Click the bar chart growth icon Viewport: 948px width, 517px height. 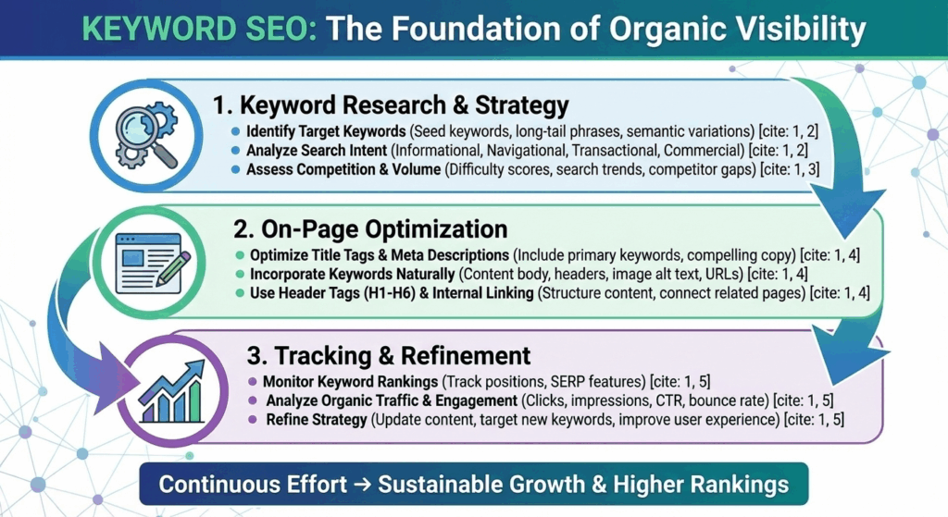(x=171, y=391)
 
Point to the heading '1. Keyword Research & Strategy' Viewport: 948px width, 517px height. (x=391, y=105)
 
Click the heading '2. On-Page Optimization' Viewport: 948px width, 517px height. (x=370, y=229)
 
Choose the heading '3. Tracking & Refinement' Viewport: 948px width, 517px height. (x=388, y=355)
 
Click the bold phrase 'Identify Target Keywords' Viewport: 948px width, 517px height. (x=326, y=131)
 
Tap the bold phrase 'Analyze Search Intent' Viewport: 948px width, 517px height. (x=317, y=151)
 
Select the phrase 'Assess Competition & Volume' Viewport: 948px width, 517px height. (x=343, y=170)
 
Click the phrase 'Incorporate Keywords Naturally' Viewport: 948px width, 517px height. (x=353, y=274)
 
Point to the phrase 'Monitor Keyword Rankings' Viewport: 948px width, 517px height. (x=350, y=382)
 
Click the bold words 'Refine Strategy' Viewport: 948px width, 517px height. (x=317, y=419)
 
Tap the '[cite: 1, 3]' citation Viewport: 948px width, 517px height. (x=790, y=170)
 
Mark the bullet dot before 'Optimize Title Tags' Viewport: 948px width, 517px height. (x=240, y=255)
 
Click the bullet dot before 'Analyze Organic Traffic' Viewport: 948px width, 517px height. (x=253, y=401)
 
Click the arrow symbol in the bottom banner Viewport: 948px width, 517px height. (x=362, y=485)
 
